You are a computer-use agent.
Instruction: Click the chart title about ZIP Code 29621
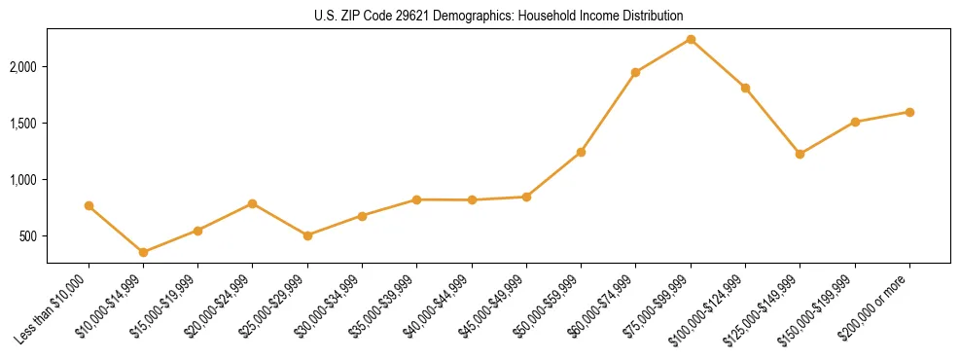point(499,16)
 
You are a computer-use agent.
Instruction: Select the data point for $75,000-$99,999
point(691,39)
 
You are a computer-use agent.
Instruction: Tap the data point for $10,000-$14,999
point(143,252)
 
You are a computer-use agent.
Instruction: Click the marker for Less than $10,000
point(89,205)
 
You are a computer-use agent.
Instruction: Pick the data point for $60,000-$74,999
point(635,72)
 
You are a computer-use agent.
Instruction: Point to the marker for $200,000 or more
point(909,112)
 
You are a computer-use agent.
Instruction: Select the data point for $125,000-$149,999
point(800,154)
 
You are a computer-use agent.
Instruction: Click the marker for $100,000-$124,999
point(745,88)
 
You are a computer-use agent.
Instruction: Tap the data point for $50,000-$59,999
point(581,152)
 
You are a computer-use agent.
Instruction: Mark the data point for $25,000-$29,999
point(307,235)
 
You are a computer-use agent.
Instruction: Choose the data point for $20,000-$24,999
point(253,203)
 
